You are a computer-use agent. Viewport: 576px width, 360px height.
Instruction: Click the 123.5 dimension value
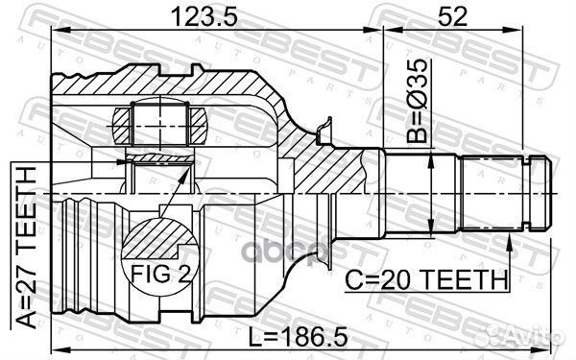218,15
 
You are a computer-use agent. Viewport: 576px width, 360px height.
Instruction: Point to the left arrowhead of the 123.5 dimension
55,31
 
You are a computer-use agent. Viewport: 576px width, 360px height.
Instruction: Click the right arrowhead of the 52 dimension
549,31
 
